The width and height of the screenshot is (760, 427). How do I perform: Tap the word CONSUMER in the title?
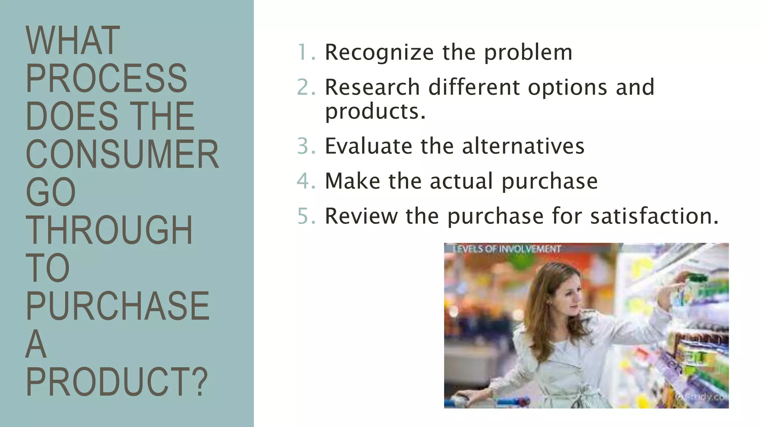coord(122,155)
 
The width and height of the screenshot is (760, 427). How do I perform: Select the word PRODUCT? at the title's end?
coord(117,382)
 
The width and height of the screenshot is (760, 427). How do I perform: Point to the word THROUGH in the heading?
coord(109,230)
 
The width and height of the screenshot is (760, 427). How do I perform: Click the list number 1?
coord(306,52)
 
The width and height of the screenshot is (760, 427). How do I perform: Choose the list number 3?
coord(306,146)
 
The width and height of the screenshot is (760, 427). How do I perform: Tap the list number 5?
coord(306,216)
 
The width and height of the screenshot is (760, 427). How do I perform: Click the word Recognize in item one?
coord(379,52)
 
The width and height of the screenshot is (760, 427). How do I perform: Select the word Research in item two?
coord(372,87)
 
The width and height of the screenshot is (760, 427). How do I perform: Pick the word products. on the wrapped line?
coord(375,111)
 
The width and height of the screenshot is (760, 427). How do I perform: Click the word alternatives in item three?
coord(523,146)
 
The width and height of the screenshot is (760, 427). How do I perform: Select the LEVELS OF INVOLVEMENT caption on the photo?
coord(506,249)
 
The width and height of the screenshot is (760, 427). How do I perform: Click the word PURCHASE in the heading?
coord(117,306)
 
